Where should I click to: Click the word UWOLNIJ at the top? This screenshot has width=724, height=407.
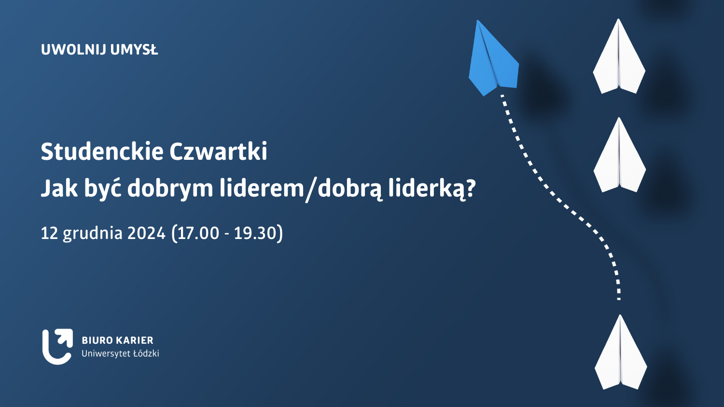(74, 50)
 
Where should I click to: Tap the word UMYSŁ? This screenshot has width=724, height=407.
(134, 50)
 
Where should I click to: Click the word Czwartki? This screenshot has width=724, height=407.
(218, 151)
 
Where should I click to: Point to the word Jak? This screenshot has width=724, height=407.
(59, 188)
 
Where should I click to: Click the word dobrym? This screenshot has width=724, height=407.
(170, 189)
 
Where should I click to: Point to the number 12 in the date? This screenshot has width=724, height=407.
(49, 233)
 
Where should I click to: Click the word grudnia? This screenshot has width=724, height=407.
(93, 234)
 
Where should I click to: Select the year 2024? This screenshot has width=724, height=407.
(146, 233)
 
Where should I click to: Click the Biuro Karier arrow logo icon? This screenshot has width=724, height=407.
(57, 347)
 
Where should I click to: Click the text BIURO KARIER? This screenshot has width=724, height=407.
(118, 340)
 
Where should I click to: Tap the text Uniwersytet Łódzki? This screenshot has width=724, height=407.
(120, 354)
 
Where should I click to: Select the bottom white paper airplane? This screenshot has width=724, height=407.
(621, 353)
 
